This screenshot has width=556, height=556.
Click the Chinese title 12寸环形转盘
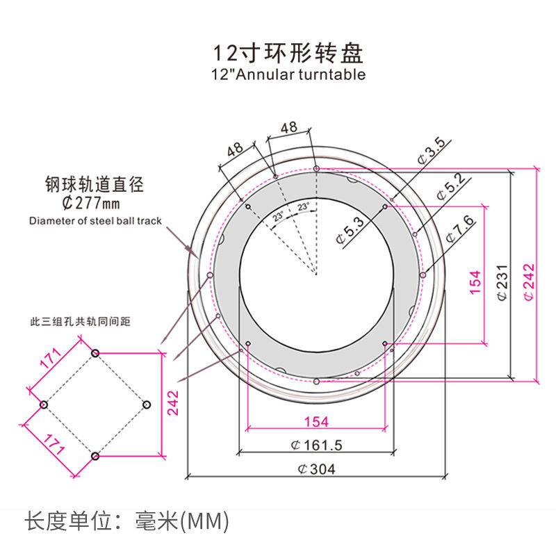tap(288, 54)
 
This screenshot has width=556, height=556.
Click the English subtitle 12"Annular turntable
tap(288, 75)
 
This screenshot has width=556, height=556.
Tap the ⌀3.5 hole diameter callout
tap(432, 151)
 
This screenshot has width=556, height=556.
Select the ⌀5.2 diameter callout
tap(451, 187)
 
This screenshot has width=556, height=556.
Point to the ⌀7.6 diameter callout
tap(460, 229)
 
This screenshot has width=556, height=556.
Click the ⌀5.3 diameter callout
tap(350, 231)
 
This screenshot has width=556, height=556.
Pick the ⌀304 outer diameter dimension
tap(316, 469)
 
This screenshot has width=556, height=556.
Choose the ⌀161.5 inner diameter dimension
tap(316, 445)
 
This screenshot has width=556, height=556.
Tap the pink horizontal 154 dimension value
tap(316, 422)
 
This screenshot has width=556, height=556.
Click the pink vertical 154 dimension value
tap(475, 282)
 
